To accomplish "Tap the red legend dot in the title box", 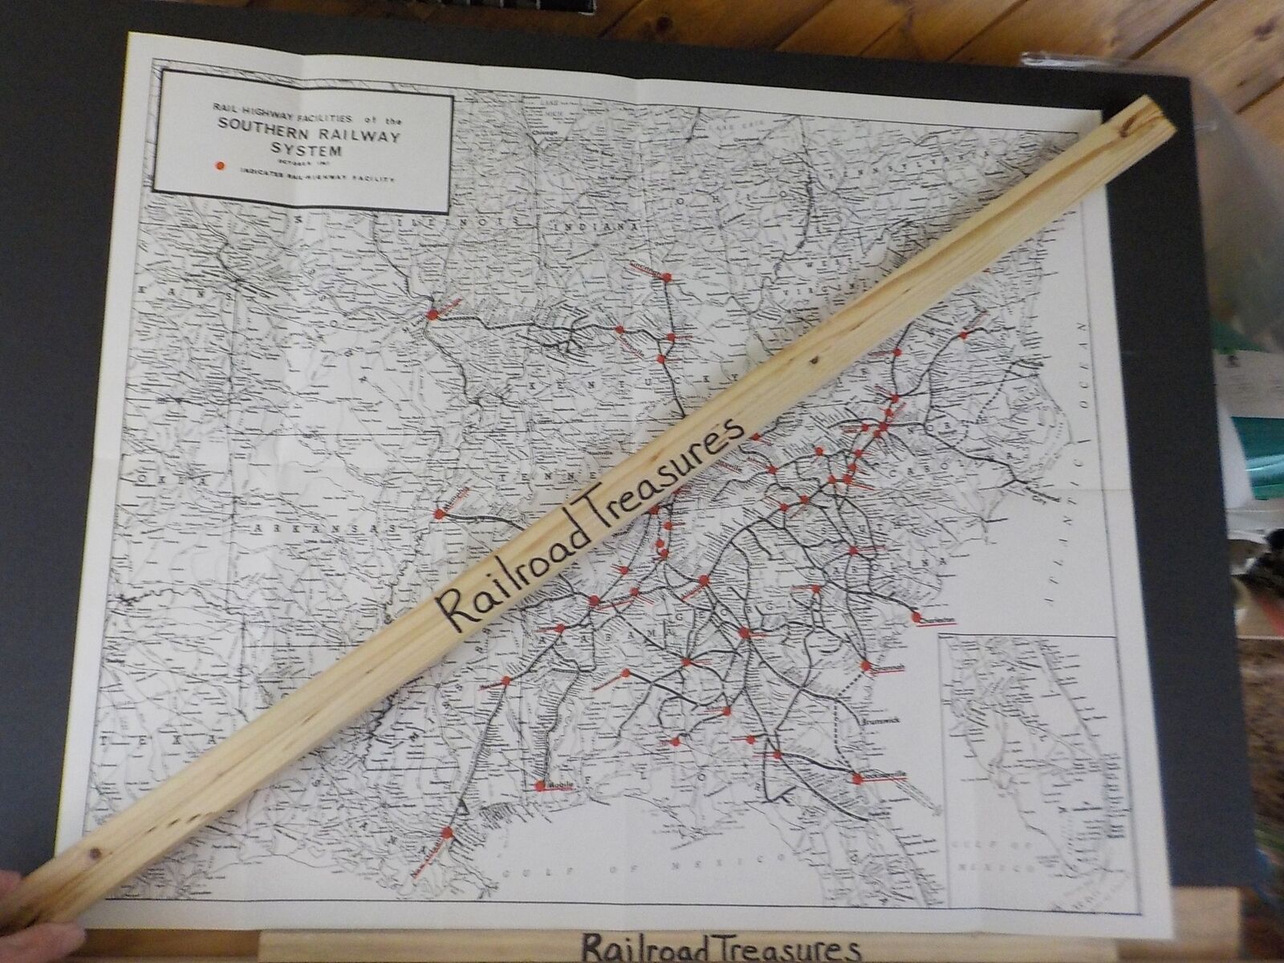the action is [x=216, y=168].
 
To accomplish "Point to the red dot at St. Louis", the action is [x=432, y=315].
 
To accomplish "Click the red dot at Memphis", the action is [x=439, y=514].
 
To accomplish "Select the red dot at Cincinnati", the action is [x=665, y=280].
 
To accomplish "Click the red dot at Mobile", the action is [x=541, y=784].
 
